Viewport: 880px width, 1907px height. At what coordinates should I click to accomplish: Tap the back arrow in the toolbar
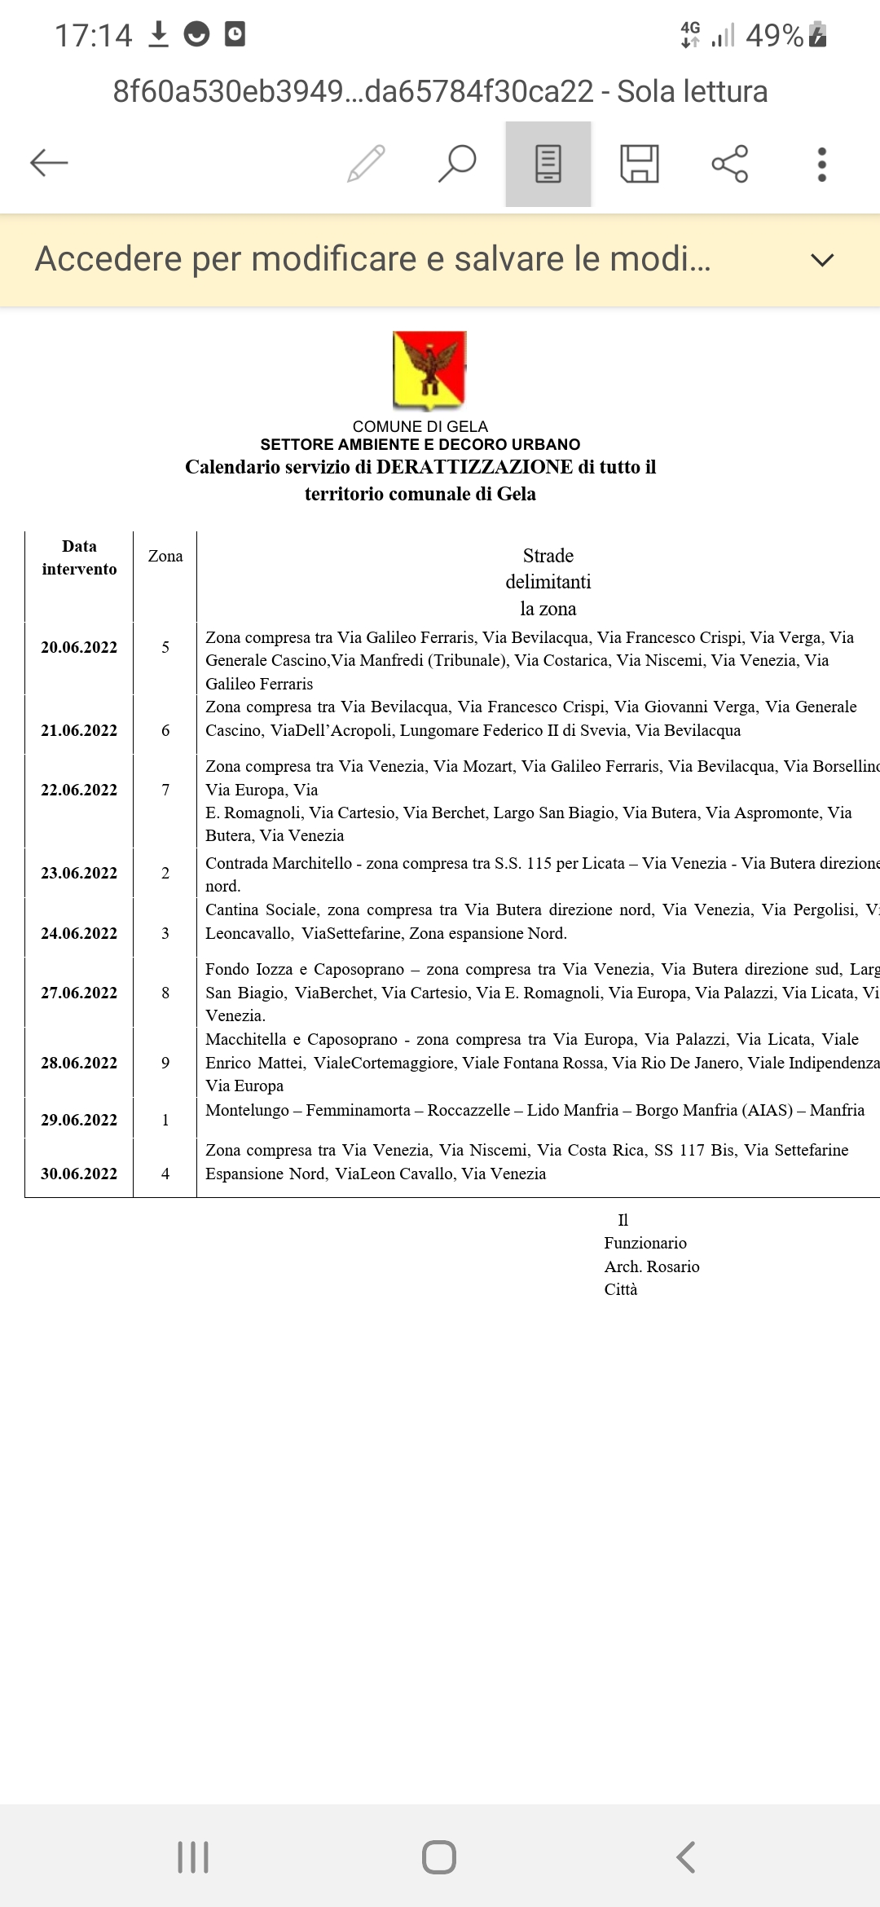(49, 163)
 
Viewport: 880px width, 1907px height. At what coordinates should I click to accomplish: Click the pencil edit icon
(366, 163)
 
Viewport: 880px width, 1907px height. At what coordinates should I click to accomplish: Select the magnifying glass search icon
(457, 163)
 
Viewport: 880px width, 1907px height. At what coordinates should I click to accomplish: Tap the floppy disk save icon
(640, 164)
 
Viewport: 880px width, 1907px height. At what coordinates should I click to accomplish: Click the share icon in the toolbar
(730, 164)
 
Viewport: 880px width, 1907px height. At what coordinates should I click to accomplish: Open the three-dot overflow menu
(821, 164)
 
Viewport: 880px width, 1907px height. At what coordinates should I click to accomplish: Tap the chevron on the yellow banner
(822, 260)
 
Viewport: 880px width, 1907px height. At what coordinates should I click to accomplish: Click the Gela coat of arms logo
(429, 370)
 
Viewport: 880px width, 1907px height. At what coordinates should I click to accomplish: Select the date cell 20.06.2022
(79, 648)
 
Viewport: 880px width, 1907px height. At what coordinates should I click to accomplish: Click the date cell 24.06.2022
(79, 934)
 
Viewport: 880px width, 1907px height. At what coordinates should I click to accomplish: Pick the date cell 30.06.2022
(79, 1174)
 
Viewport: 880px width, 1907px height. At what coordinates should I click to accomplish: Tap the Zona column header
(165, 557)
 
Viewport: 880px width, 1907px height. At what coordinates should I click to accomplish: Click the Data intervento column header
(79, 558)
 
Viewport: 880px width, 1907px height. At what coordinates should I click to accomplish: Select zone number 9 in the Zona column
(165, 1064)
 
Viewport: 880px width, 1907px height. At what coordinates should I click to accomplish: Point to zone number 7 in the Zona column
(165, 791)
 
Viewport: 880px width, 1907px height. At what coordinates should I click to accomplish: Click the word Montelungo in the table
(247, 1111)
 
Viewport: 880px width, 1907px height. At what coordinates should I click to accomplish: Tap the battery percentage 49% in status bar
(774, 36)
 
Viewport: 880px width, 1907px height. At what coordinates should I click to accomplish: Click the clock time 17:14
(93, 36)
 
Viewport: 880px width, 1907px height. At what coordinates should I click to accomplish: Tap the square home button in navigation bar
(439, 1857)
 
